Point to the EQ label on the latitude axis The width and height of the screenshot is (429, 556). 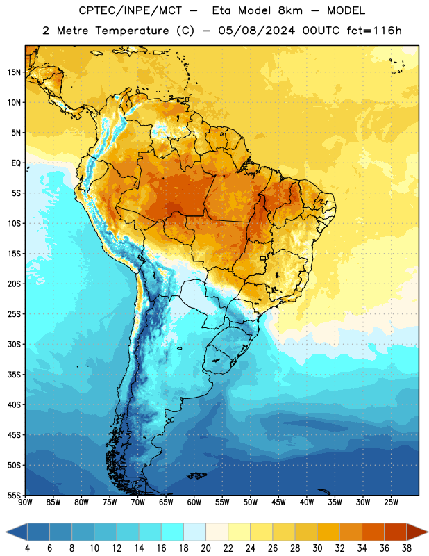[16, 163]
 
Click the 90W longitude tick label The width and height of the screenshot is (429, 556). [25, 502]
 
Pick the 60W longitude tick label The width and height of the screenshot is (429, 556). [194, 502]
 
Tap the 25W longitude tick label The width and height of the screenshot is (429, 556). [391, 502]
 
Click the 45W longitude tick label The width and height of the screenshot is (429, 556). [278, 502]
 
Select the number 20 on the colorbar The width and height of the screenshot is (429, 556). [205, 548]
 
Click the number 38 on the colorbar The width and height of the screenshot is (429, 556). [407, 548]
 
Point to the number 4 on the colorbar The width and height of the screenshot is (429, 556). [27, 548]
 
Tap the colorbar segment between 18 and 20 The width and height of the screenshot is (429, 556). [194, 532]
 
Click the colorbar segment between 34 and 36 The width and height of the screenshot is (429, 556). [373, 532]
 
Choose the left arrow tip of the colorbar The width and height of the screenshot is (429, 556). [6, 532]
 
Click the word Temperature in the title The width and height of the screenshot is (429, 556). [132, 31]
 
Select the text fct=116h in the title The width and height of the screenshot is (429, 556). [374, 31]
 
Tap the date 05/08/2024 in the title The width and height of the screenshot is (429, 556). [256, 31]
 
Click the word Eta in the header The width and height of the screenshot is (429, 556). [221, 10]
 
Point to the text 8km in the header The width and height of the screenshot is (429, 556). [290, 10]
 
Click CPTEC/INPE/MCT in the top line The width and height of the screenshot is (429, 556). [130, 10]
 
